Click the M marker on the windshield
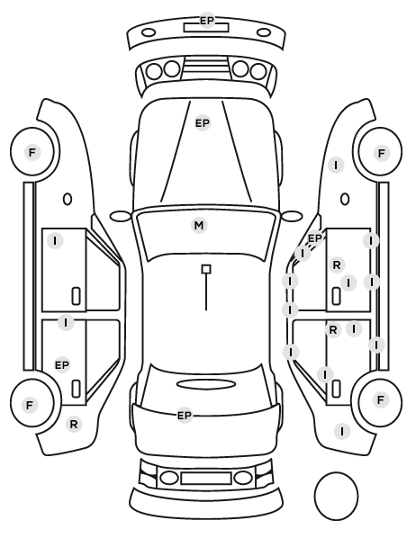pos(199,226)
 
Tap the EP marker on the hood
pos(203,123)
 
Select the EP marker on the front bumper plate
pos(207,21)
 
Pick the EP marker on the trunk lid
pos(184,416)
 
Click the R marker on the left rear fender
pos(74,425)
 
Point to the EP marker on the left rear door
pos(62,365)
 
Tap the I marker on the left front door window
pos(55,241)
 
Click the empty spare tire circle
pos(336,496)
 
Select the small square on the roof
pos(206,269)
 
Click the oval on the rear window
pos(206,384)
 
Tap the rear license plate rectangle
pos(206,479)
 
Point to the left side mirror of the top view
pos(121,217)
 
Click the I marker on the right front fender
pos(336,166)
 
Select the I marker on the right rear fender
pos(342,431)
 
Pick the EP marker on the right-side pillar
pos(314,238)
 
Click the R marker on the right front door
pos(337,265)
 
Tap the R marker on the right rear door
pos(333,330)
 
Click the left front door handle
pos(76,296)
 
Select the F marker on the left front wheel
pos(32,152)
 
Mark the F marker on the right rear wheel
pos(380,399)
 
